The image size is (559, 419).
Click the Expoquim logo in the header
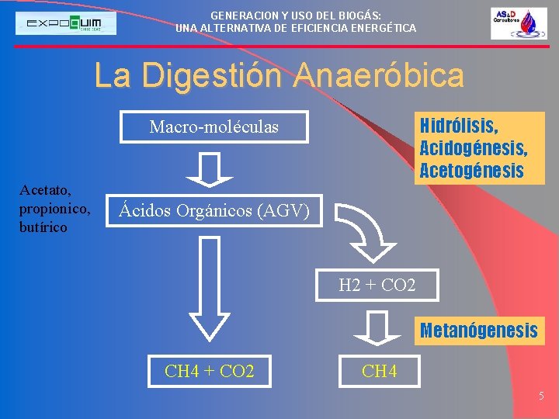tap(67, 23)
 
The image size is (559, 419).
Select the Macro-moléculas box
tap(214, 127)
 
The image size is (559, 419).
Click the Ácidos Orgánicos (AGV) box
tap(214, 210)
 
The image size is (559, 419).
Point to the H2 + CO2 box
tap(377, 286)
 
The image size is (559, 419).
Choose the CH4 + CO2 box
tap(209, 371)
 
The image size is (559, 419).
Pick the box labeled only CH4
tap(379, 372)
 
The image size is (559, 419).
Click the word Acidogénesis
tap(473, 147)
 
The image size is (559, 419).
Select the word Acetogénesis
tap(471, 171)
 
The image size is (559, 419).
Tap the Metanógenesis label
tap(478, 331)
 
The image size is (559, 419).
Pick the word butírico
tap(43, 227)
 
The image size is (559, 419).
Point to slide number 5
tap(542, 396)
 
